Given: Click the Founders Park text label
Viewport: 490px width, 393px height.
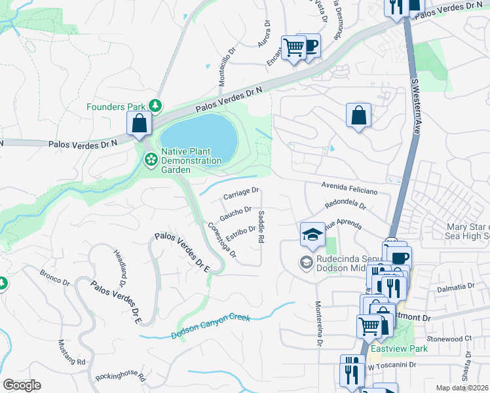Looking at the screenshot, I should click(116, 106).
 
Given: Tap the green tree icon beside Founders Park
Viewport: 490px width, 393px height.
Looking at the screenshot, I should click(155, 105).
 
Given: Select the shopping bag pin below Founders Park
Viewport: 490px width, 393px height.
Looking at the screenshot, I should click(140, 123).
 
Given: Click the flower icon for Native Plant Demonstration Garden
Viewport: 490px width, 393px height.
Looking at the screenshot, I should click(151, 159).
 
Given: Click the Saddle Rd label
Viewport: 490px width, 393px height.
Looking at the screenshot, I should click(261, 227).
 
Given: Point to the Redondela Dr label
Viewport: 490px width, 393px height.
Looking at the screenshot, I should click(345, 206).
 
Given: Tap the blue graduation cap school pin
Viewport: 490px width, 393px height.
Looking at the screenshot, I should click(312, 234).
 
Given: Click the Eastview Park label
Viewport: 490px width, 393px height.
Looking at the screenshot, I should click(399, 348).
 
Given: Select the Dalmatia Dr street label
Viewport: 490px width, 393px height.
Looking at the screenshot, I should click(454, 286).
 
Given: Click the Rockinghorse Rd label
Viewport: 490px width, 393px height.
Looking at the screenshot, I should click(120, 375).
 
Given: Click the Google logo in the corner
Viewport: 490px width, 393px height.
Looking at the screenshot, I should click(22, 385).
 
